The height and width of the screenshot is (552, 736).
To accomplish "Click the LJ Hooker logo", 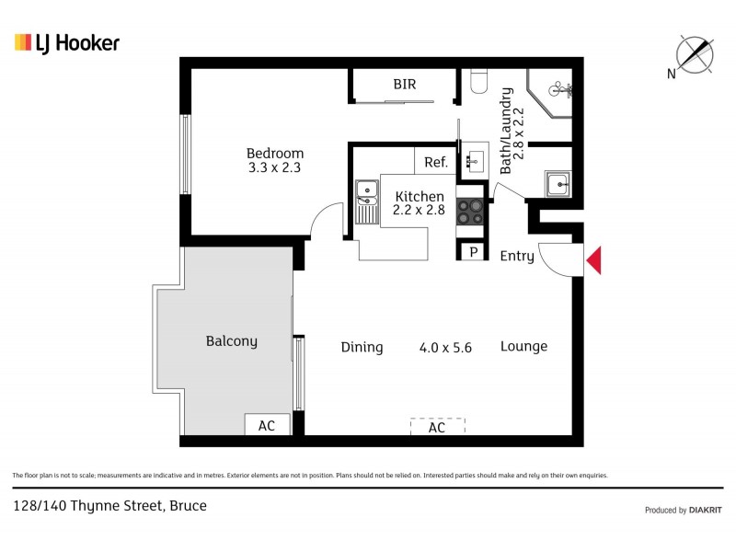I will click(67, 42).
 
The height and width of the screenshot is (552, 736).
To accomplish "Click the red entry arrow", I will click(594, 260).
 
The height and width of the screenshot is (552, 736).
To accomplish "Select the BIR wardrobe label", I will click(405, 85).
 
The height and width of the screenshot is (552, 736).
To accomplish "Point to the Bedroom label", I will click(274, 154).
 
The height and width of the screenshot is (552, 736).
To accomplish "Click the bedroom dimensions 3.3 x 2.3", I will click(274, 168).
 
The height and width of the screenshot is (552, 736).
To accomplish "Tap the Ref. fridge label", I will click(436, 163).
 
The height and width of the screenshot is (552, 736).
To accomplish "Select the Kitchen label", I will click(420, 196).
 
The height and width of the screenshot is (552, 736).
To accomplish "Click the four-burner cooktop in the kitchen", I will click(470, 213).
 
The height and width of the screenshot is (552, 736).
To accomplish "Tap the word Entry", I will click(516, 257).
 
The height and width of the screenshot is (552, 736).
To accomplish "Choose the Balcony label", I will click(231, 341).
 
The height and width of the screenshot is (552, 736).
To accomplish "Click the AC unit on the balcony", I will click(267, 426).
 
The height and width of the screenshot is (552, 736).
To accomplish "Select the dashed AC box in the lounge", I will click(437, 427).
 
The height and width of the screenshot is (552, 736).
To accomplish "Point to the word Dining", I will click(362, 347).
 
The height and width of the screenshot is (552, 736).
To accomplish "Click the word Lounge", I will click(523, 347).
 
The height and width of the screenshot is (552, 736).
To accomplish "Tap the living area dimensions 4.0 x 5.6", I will click(445, 348).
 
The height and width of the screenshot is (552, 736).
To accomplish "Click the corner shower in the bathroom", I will click(553, 93).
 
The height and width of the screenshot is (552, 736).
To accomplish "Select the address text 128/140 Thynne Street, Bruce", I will click(109, 505).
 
